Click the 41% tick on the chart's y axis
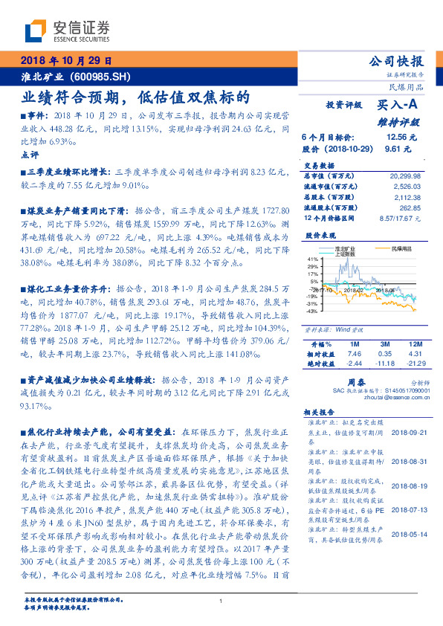click(x=312, y=259)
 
